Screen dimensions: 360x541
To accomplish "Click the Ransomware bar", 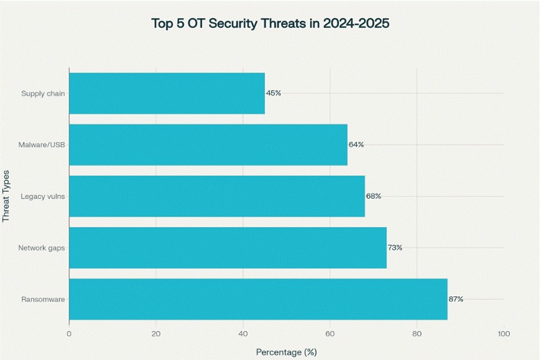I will coord(258,299).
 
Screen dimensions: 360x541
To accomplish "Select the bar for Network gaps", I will coord(228,248).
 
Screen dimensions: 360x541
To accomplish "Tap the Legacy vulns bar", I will coord(217,196).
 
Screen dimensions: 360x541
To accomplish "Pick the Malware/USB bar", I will coord(208,145).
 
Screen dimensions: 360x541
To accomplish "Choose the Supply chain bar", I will coord(167,93).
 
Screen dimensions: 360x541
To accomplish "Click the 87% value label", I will coord(456,299).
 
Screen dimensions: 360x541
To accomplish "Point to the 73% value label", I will coord(395,248).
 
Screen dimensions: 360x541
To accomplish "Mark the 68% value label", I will coord(374,196).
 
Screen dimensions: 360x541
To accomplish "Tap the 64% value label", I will coord(356,145).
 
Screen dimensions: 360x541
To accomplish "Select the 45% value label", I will coord(273,93).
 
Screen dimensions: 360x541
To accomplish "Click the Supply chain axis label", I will coord(43,93).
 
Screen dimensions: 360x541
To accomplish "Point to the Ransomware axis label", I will coord(44,299).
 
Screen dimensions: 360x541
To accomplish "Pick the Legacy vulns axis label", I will coord(43,196).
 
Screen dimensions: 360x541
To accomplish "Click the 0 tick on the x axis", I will coord(69,334).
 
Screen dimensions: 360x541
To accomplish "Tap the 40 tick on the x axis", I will coord(243,334).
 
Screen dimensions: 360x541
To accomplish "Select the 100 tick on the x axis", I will coord(504,334).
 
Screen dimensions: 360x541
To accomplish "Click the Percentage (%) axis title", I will coord(286,352).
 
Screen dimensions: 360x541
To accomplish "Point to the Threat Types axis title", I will coord(7,195).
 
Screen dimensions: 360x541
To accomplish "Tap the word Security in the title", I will coord(228,24).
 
